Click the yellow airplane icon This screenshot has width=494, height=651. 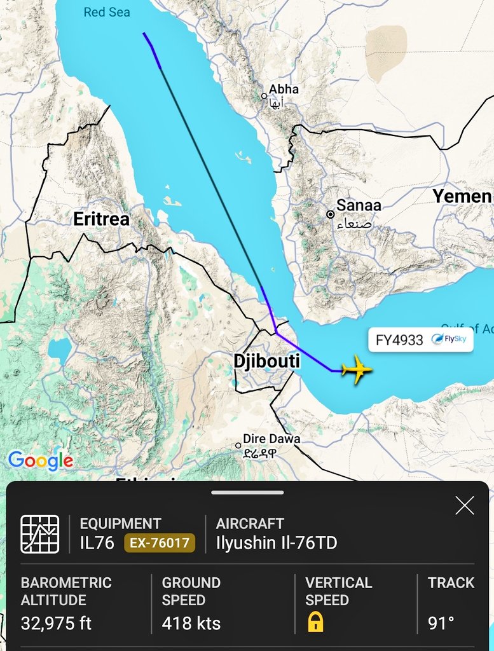pyautogui.click(x=357, y=369)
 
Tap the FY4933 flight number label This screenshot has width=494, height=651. pyautogui.click(x=399, y=340)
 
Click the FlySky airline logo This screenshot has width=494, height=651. pyautogui.click(x=448, y=339)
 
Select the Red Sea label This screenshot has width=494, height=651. pyautogui.click(x=107, y=12)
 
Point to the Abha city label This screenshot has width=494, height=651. pyautogui.click(x=284, y=90)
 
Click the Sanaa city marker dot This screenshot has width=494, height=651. pyautogui.click(x=331, y=215)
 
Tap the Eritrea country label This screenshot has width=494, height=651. pyautogui.click(x=101, y=219)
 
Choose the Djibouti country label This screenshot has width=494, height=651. pyautogui.click(x=266, y=361)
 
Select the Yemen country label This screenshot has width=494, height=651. pyautogui.click(x=462, y=196)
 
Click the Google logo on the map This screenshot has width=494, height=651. pyautogui.click(x=41, y=460)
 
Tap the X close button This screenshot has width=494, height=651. pyautogui.click(x=465, y=505)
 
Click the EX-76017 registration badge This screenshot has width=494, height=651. pyautogui.click(x=159, y=543)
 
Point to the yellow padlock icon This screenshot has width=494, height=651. pyautogui.click(x=315, y=622)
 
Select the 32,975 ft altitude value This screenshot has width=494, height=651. pyautogui.click(x=56, y=624)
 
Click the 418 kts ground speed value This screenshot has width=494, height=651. pyautogui.click(x=191, y=624)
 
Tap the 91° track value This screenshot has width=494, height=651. pyautogui.click(x=441, y=624)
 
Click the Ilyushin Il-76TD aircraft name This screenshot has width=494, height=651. pyautogui.click(x=277, y=543)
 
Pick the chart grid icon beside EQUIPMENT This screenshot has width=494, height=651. pyautogui.click(x=39, y=533)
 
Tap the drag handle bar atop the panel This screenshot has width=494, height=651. pyautogui.click(x=247, y=492)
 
